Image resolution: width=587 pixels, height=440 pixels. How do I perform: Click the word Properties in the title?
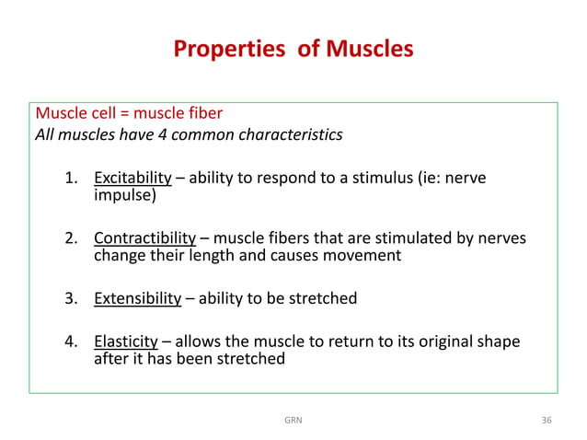coord(219,49)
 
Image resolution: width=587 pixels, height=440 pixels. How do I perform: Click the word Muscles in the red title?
coord(366,49)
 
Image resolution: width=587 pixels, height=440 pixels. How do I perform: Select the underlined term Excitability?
coord(132,178)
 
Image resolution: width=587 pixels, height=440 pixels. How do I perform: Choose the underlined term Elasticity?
coord(126,342)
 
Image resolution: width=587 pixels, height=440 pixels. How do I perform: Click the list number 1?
coord(70,178)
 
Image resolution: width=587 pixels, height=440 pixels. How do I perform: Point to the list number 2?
coord(70,237)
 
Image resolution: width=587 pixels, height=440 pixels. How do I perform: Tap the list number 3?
coord(70,298)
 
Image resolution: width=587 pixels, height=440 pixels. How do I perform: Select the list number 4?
coord(70,342)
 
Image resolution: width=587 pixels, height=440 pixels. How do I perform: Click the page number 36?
coord(547,420)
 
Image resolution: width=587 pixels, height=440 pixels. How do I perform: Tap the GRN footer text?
coord(293,420)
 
